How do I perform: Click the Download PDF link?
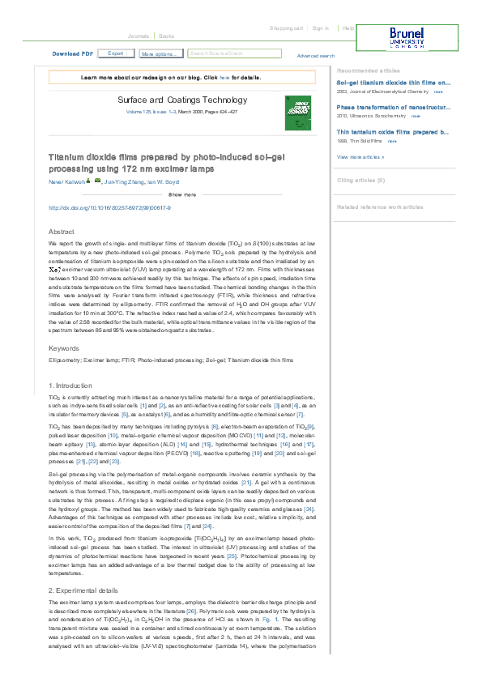click(x=72, y=53)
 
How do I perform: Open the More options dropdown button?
click(x=159, y=53)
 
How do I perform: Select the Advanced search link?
click(x=315, y=56)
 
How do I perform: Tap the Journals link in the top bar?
click(x=138, y=36)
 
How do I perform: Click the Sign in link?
click(x=321, y=28)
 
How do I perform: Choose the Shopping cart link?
click(x=286, y=28)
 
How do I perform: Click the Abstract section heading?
click(x=62, y=232)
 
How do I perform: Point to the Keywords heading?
click(x=63, y=348)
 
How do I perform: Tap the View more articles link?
click(x=360, y=156)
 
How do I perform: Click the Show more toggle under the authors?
click(x=181, y=195)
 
